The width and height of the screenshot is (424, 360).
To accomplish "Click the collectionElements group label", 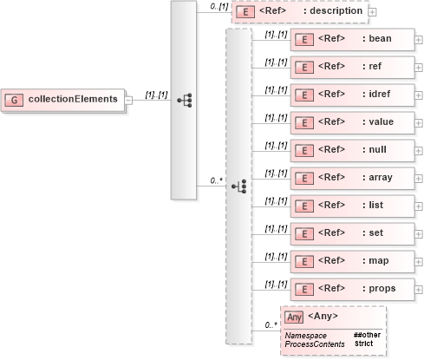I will (x=73, y=99).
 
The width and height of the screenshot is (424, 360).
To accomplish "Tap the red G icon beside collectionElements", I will (x=14, y=99).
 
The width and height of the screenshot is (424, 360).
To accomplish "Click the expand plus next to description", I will (x=372, y=12).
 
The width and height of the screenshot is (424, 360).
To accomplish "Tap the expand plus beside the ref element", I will (x=418, y=68).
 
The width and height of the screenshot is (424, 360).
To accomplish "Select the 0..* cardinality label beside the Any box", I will (x=271, y=324).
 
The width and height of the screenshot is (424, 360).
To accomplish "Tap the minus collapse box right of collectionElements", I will (x=128, y=99).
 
